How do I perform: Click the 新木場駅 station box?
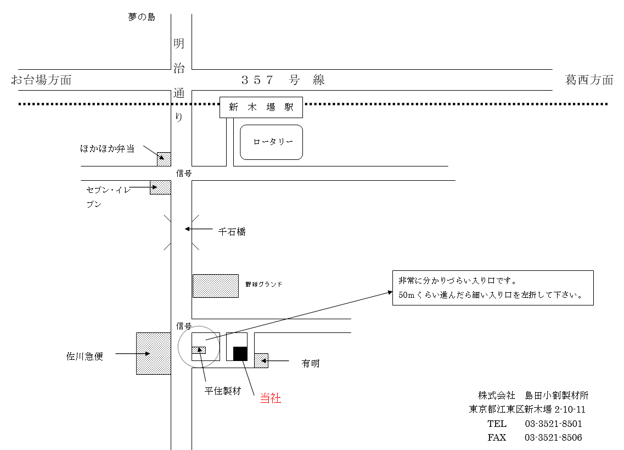click(261, 107)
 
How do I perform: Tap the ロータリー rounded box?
click(272, 142)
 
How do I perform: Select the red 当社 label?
click(271, 398)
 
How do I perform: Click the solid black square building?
click(240, 353)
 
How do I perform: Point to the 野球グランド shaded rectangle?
click(216, 286)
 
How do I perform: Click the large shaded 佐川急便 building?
click(154, 353)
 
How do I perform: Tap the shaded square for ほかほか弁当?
click(164, 159)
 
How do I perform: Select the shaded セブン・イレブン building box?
click(160, 187)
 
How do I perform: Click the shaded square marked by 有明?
click(261, 361)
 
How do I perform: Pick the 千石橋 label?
click(232, 231)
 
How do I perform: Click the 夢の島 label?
click(142, 16)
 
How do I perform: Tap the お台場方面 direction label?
click(41, 80)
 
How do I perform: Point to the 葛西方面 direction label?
click(589, 80)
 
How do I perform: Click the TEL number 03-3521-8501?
click(554, 424)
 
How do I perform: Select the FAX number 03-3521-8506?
click(554, 438)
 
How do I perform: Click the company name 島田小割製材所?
click(556, 396)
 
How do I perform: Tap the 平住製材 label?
click(223, 391)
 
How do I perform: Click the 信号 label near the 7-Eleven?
click(184, 174)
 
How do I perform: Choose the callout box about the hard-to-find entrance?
click(493, 288)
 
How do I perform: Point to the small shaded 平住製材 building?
click(199, 351)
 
